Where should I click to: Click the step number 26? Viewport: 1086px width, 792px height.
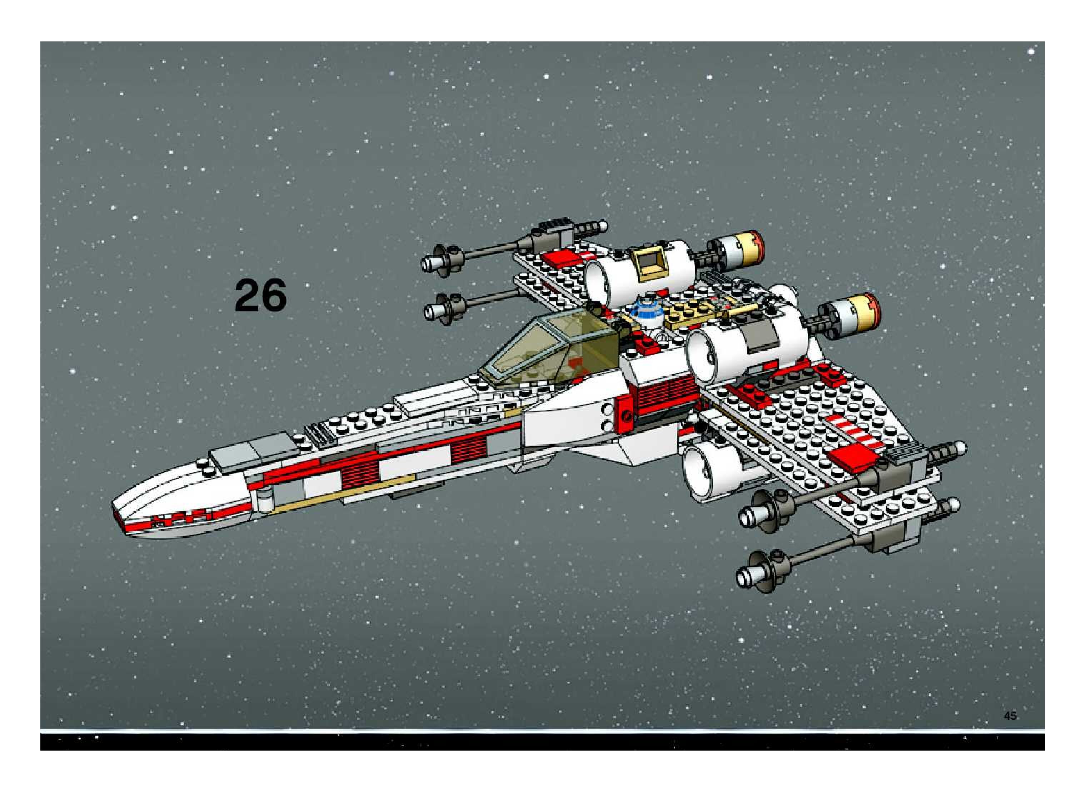pos(260,295)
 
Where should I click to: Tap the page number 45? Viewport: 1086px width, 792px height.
pos(1010,729)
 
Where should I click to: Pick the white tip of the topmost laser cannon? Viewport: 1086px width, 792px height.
pos(431,263)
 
